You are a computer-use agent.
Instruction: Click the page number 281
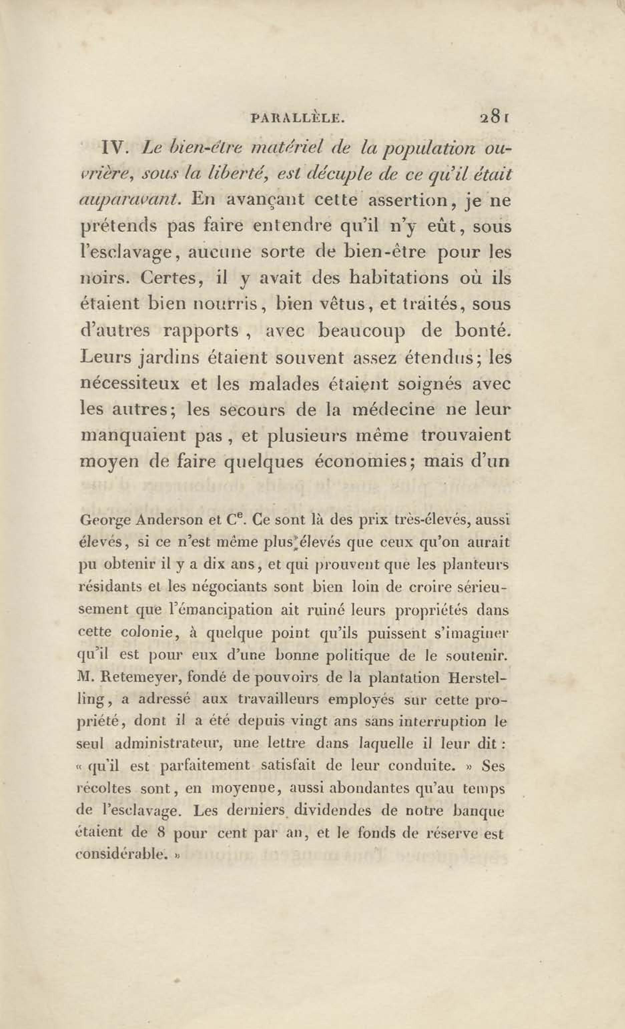pos(494,118)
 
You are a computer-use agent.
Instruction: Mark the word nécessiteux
pos(130,383)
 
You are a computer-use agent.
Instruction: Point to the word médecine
pos(393,409)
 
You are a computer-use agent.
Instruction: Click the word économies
pos(363,462)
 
